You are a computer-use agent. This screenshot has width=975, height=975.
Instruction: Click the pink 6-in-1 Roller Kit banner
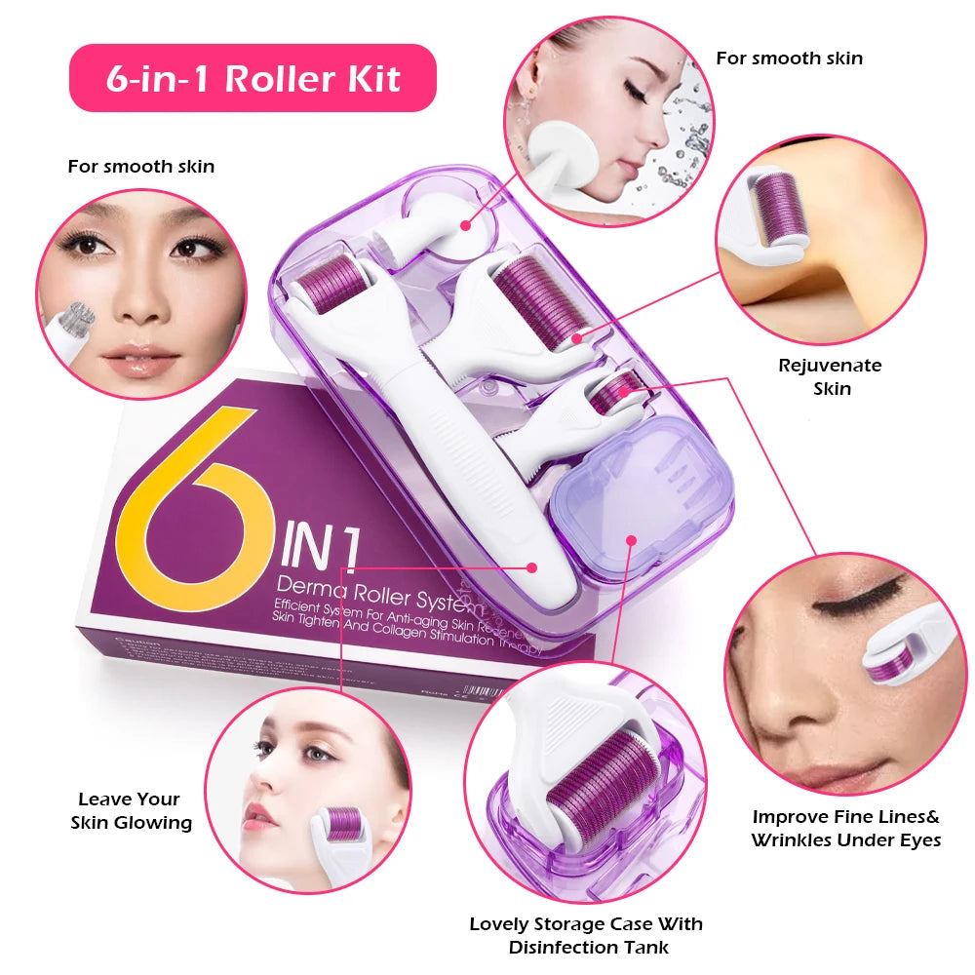253,78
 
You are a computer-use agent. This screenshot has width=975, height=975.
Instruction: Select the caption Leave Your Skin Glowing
131,811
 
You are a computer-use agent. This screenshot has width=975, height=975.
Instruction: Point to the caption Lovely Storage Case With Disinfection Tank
586,934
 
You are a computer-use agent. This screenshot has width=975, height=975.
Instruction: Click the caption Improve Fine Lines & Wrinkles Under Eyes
845,828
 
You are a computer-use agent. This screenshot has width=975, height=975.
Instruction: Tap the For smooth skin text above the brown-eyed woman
141,167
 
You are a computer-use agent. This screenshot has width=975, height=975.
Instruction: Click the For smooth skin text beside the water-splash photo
789,58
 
